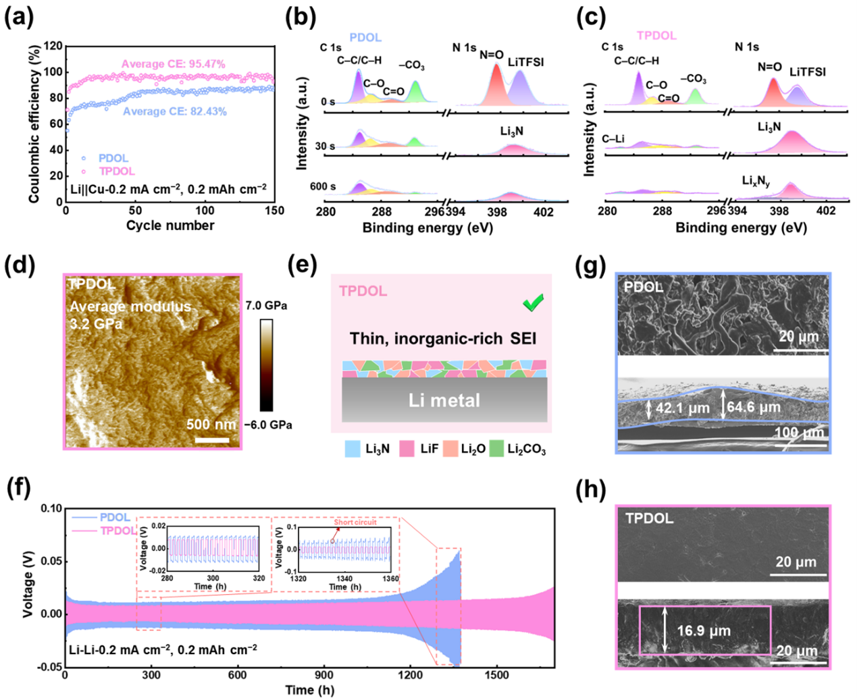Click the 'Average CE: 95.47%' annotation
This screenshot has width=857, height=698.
click(174, 64)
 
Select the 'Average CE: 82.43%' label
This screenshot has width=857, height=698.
click(174, 111)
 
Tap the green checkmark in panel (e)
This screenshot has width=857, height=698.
click(534, 304)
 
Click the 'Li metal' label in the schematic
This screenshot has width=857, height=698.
click(444, 401)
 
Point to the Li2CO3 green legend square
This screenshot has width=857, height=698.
click(496, 448)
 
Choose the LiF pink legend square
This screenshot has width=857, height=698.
click(407, 448)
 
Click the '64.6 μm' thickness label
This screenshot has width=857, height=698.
click(754, 408)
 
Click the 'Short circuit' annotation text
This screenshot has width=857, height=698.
click(355, 522)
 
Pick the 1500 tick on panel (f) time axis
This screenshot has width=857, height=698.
click(497, 675)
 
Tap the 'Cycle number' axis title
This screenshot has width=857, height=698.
click(170, 225)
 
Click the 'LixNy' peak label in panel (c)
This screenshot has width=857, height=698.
click(756, 181)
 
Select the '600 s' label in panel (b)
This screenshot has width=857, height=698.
click(323, 186)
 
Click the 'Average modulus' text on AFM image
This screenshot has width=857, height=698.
click(130, 307)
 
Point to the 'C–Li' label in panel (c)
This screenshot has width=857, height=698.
click(613, 139)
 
